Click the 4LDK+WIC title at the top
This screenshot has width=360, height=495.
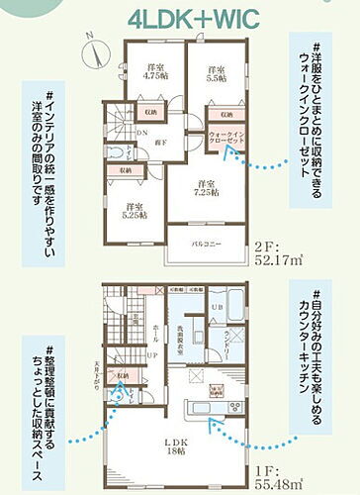[x=179, y=19]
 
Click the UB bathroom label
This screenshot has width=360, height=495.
[x=217, y=309]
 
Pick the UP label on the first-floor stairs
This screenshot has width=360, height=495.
[x=149, y=355]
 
